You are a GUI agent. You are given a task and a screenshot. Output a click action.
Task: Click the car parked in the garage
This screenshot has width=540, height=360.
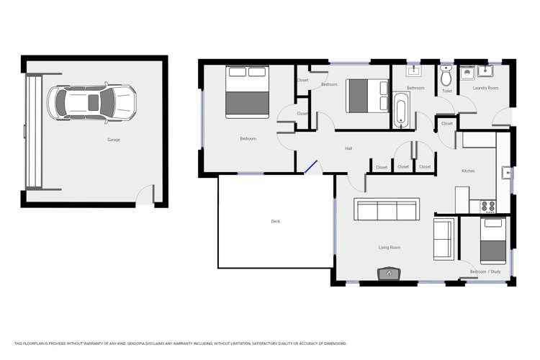coord(91,102)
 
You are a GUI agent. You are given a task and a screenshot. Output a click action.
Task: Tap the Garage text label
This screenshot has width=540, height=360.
coord(113,140)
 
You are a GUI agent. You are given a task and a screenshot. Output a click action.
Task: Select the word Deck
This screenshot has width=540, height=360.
coord(275,221)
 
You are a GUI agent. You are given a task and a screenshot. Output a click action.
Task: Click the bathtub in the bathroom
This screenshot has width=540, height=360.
coord(401,111)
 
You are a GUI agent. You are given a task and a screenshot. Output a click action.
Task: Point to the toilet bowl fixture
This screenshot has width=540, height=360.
coord(446,75)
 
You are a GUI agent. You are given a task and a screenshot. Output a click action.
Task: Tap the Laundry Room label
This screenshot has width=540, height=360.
coord(485,88)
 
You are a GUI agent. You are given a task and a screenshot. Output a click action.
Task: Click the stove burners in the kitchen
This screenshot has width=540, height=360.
coord(488,207)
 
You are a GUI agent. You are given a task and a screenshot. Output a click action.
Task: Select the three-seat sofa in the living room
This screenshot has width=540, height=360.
coord(387,210)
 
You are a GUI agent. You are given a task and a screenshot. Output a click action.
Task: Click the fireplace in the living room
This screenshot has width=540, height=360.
coord(389,274)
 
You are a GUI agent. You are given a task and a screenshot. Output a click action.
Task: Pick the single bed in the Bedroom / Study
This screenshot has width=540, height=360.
coord(493,240)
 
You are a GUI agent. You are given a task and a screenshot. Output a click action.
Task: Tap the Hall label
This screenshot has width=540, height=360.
coord(348,148)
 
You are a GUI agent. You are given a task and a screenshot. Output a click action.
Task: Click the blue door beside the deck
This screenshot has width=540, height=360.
coord(311,167)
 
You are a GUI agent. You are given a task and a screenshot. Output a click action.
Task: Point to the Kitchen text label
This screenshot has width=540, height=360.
coord(468,171)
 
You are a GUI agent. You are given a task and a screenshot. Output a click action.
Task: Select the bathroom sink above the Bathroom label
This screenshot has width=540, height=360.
coord(414,71)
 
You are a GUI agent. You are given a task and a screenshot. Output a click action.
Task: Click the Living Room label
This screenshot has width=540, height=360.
coord(390,247)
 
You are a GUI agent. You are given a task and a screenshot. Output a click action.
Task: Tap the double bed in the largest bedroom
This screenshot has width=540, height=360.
coord(247,91)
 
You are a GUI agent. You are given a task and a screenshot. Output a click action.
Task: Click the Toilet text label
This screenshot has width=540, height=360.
coord(447,91)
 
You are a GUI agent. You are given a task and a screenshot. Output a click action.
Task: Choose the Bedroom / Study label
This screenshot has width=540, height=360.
coord(485,271)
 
